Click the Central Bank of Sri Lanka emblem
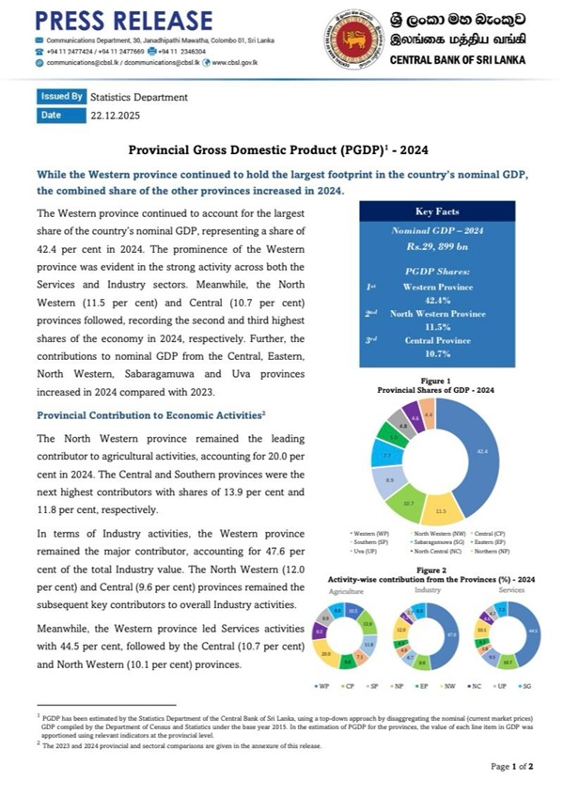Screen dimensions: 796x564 point(353,39)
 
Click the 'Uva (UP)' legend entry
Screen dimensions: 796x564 point(365,551)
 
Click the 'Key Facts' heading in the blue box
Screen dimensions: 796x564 point(435,211)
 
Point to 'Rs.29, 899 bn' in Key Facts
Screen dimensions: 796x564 point(435,245)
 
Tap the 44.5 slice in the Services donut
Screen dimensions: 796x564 point(532,632)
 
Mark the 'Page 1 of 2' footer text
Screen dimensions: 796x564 point(511,766)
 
